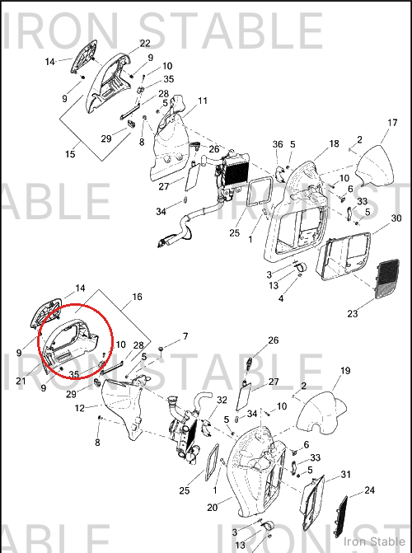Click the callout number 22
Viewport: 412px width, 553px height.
coord(145,44)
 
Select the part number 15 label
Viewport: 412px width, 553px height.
coord(70,154)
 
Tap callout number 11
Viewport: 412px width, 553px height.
coord(203,101)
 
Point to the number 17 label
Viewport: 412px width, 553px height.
coord(392,123)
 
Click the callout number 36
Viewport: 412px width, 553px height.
coord(278,144)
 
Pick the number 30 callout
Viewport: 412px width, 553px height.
coord(396,218)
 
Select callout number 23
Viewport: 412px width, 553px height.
coord(353,313)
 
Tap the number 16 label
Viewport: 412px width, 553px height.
coord(137,297)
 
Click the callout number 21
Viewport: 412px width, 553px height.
coord(21,381)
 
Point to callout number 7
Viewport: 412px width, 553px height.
coord(185,336)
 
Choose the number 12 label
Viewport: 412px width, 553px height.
coord(80,409)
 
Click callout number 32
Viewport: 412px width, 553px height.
coord(222,400)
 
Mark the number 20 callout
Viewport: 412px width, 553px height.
coord(212,508)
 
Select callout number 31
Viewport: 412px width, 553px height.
coord(346,475)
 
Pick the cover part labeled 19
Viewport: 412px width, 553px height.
coord(321,413)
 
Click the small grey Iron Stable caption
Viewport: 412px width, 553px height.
coord(374,541)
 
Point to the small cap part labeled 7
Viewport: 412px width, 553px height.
coord(161,349)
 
